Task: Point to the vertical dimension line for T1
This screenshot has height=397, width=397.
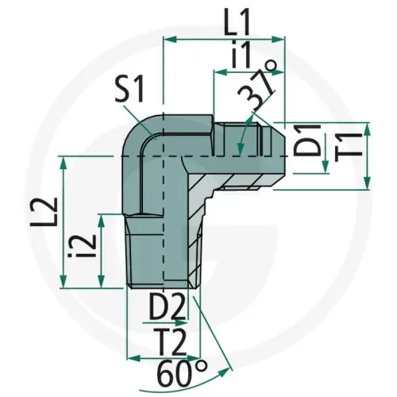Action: pos(367,156)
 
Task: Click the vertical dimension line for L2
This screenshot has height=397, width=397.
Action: pos(63,222)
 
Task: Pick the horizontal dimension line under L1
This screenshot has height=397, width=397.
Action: pos(223,37)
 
